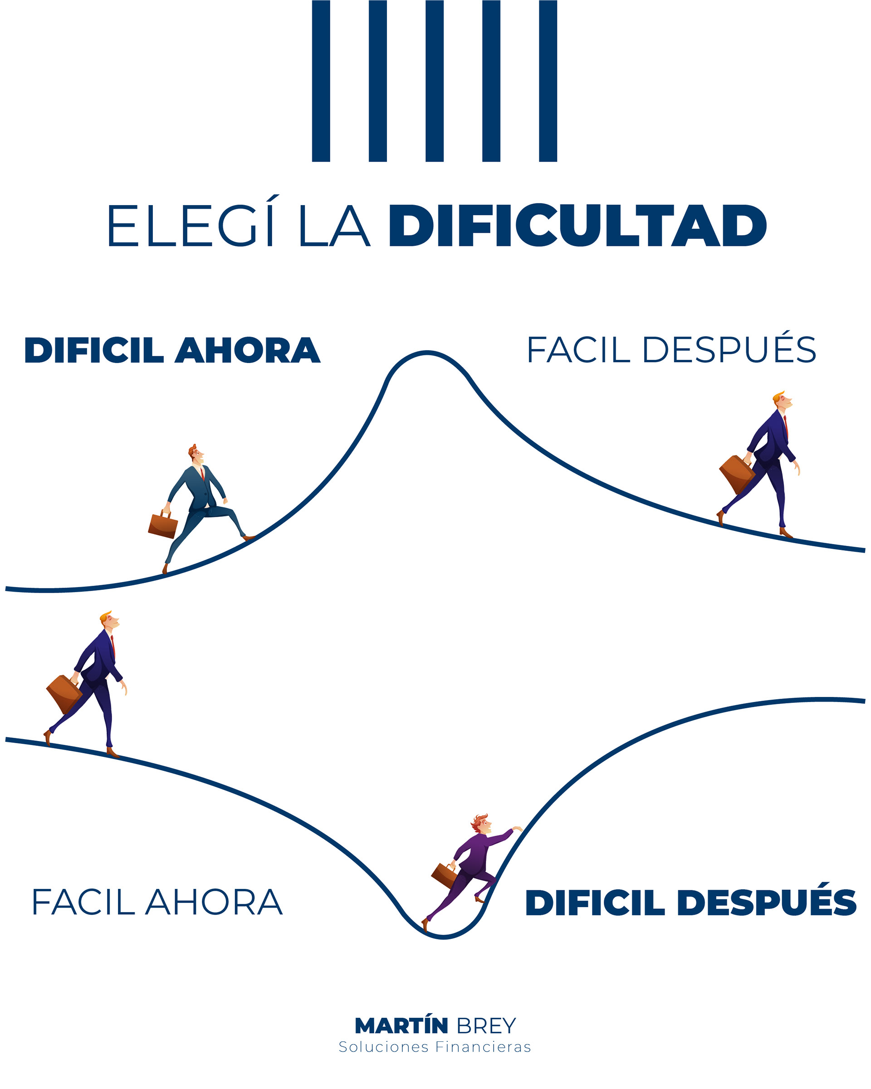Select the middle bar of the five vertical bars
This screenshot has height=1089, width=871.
pos(434,81)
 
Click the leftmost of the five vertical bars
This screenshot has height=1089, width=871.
pos(321,81)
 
